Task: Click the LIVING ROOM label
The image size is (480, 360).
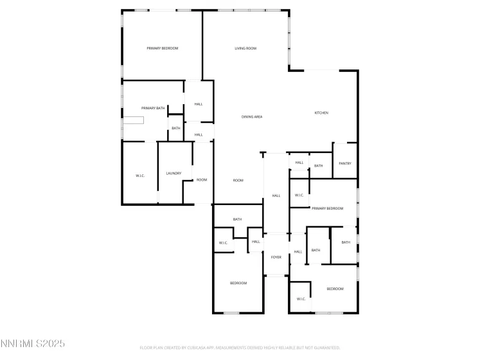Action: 245,48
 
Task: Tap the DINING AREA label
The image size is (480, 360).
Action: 251,116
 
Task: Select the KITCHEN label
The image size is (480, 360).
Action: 321,113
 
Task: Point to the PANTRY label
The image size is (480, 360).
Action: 345,163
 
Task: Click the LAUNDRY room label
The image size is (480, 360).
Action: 173,173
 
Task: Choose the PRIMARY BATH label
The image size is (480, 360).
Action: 153,107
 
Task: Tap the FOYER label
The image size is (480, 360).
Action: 276,257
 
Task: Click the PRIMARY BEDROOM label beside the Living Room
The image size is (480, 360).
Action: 162,48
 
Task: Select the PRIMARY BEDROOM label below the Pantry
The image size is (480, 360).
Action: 327,208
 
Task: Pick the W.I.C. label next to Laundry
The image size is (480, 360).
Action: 140,175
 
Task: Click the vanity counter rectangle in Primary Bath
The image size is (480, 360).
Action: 134,120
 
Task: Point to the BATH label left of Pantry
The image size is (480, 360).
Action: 318,166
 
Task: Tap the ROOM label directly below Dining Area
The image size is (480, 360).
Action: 238,180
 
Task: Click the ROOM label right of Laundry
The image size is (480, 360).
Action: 202,179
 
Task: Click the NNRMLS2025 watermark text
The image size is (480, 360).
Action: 32,344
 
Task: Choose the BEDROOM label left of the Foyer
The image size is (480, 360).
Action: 238,283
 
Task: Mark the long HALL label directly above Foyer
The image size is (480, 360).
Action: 276,195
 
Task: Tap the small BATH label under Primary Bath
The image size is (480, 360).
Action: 176,128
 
